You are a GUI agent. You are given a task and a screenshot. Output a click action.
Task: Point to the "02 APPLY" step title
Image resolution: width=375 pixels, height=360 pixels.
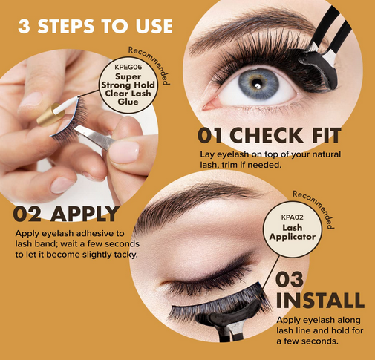[67, 214]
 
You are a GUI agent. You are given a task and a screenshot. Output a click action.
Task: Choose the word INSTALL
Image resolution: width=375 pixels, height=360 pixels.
[320, 301]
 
